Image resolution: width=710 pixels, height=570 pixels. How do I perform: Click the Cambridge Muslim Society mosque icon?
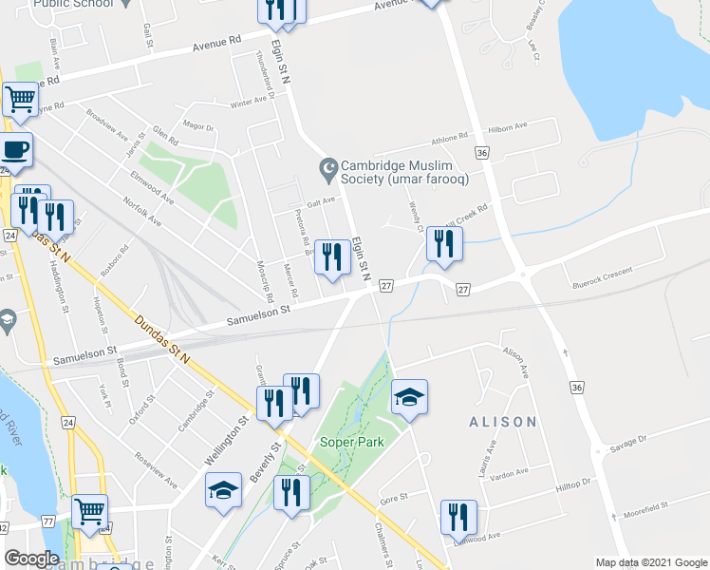(329, 171)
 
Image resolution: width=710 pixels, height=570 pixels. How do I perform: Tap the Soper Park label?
(357, 444)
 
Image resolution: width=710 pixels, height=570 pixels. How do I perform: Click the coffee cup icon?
(15, 150)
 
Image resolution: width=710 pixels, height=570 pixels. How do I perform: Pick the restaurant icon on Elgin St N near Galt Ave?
(331, 256)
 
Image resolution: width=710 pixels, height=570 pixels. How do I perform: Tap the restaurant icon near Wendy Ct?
(443, 244)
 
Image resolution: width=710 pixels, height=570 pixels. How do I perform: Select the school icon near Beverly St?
(223, 491)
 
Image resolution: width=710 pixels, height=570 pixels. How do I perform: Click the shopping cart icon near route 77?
(89, 512)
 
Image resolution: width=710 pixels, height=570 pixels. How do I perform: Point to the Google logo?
(32, 559)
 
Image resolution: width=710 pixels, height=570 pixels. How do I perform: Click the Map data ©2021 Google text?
(650, 562)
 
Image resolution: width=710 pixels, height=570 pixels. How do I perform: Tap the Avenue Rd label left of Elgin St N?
(217, 44)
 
